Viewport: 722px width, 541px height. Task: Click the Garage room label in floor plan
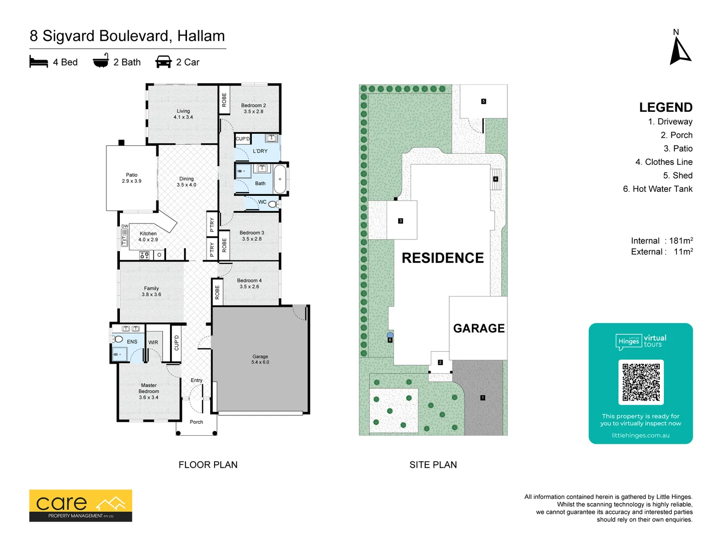tap(260, 357)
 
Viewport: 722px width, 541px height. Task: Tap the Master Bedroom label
tap(149, 388)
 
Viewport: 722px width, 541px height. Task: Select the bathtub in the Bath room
tap(280, 179)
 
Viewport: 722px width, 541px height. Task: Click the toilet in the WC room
tap(273, 204)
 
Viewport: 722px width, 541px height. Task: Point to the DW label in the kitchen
tap(124, 226)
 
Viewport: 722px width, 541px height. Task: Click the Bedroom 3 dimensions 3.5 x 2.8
tap(252, 239)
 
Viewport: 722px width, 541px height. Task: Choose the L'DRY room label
tap(260, 151)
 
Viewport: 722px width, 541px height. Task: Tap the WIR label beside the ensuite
tap(153, 343)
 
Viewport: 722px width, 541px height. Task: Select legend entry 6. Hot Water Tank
tap(657, 189)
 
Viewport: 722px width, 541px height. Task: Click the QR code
tap(641, 382)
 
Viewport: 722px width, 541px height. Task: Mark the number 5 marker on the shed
tap(483, 101)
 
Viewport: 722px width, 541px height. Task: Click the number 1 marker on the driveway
tap(482, 398)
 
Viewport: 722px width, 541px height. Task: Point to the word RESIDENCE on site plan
tap(443, 258)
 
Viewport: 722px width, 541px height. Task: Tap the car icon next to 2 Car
tap(163, 62)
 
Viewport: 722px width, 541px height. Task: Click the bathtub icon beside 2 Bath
tap(101, 61)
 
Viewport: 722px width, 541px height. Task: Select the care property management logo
tap(81, 505)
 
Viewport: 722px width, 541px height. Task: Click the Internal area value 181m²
tap(681, 240)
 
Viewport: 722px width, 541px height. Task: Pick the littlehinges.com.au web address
tap(640, 435)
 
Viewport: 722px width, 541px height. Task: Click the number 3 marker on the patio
tap(400, 221)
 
